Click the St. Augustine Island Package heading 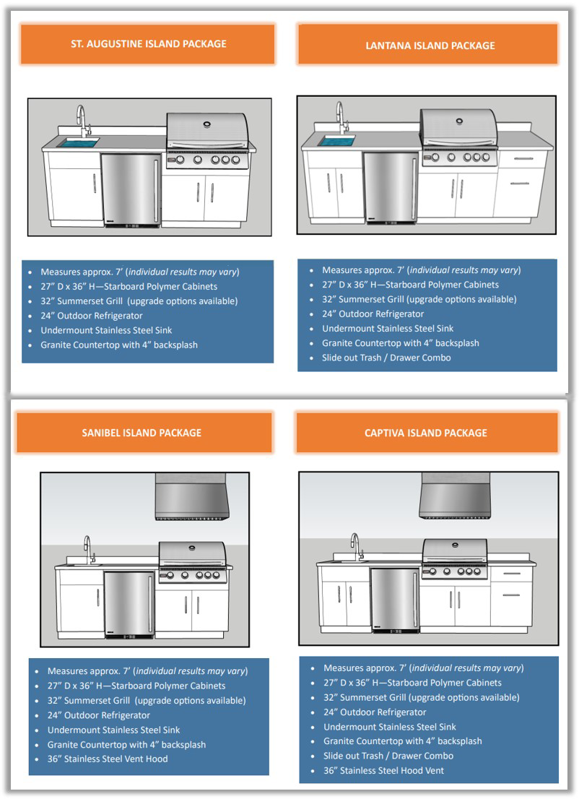click(x=148, y=44)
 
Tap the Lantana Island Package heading click(x=430, y=46)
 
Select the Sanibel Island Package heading click(x=142, y=433)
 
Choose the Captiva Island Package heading click(x=426, y=433)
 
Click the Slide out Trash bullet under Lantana click(x=386, y=358)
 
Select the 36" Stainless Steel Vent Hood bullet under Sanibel click(x=107, y=759)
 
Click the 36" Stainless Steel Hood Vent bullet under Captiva click(x=383, y=770)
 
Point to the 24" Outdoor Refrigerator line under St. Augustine click(x=91, y=316)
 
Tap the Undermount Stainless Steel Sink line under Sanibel click(x=113, y=730)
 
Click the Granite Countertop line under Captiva click(x=402, y=740)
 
